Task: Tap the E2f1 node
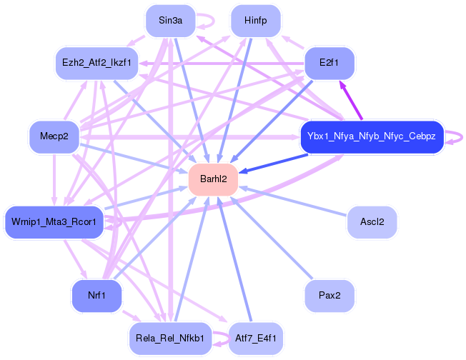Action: tap(329, 63)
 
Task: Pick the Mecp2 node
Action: tap(54, 136)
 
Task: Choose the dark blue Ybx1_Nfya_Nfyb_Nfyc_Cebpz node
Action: tap(372, 136)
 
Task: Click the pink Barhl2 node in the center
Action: tap(213, 179)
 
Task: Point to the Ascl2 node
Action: tap(372, 222)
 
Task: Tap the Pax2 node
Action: tap(329, 295)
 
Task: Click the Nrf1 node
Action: tap(96, 295)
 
